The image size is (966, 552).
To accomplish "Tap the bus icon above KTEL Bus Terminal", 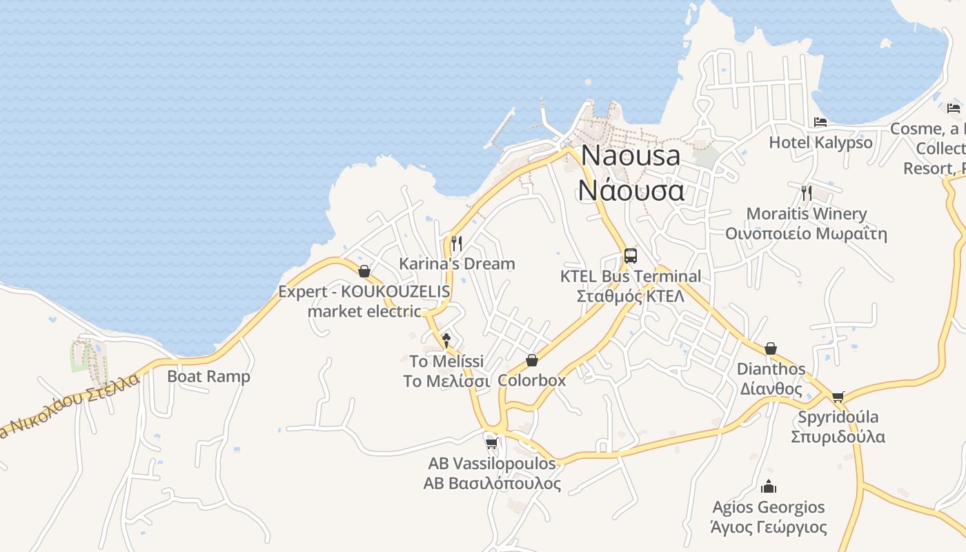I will click(x=630, y=256).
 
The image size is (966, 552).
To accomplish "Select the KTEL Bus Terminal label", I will click(x=631, y=286).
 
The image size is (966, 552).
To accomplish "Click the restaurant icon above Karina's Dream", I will click(x=456, y=243).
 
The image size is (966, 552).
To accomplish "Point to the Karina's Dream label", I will click(x=457, y=264).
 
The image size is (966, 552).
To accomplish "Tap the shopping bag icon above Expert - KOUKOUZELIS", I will click(x=364, y=271).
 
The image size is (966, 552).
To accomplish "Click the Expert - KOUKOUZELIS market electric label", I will click(x=364, y=301).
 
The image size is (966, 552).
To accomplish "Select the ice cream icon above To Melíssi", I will click(x=446, y=339).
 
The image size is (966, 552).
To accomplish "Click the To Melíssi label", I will click(x=446, y=371).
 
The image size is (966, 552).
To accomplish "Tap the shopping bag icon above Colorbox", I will click(x=531, y=360).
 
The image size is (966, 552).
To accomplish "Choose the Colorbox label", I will click(x=531, y=380).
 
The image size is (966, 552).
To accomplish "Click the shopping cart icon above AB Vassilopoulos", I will click(x=491, y=442).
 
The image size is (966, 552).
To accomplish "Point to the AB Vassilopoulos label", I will click(x=492, y=473).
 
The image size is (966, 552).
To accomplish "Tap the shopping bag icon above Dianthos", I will click(x=771, y=348).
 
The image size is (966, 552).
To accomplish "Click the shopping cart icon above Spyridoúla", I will click(x=838, y=397).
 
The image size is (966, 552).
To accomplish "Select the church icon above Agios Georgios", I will click(x=768, y=487).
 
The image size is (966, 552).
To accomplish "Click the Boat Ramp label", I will click(x=208, y=377).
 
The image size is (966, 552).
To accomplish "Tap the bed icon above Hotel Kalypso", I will click(x=820, y=122).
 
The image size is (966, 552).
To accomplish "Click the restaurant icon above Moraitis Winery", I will click(x=806, y=193).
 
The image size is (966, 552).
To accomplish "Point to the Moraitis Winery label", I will click(x=806, y=224).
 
